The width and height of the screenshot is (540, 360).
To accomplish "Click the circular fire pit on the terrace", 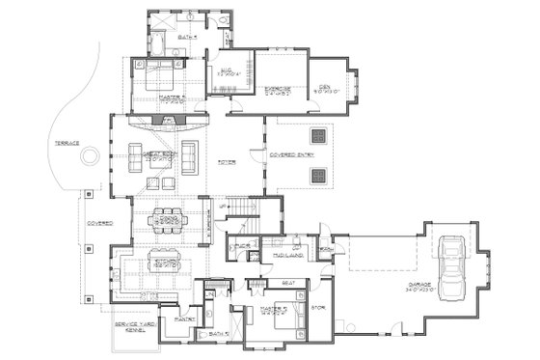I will (x=89, y=154).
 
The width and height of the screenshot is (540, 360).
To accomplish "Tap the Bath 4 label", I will (x=187, y=39).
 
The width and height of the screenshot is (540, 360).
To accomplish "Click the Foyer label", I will (x=228, y=162).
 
